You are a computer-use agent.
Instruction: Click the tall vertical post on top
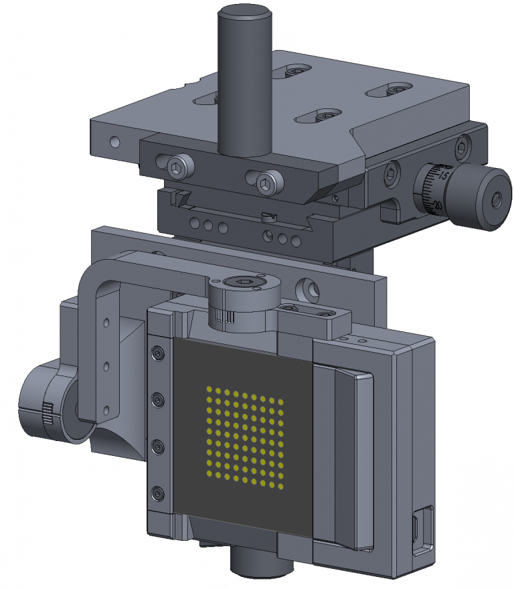244,80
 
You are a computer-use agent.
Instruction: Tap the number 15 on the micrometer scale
442,175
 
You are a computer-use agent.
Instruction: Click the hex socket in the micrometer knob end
497,199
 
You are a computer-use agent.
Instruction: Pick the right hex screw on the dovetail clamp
265,183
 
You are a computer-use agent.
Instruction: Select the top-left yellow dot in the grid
210,390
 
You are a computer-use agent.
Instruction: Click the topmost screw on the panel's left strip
158,353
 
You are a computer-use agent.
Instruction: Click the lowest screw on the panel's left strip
158,494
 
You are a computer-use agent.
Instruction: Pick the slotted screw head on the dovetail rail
269,216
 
